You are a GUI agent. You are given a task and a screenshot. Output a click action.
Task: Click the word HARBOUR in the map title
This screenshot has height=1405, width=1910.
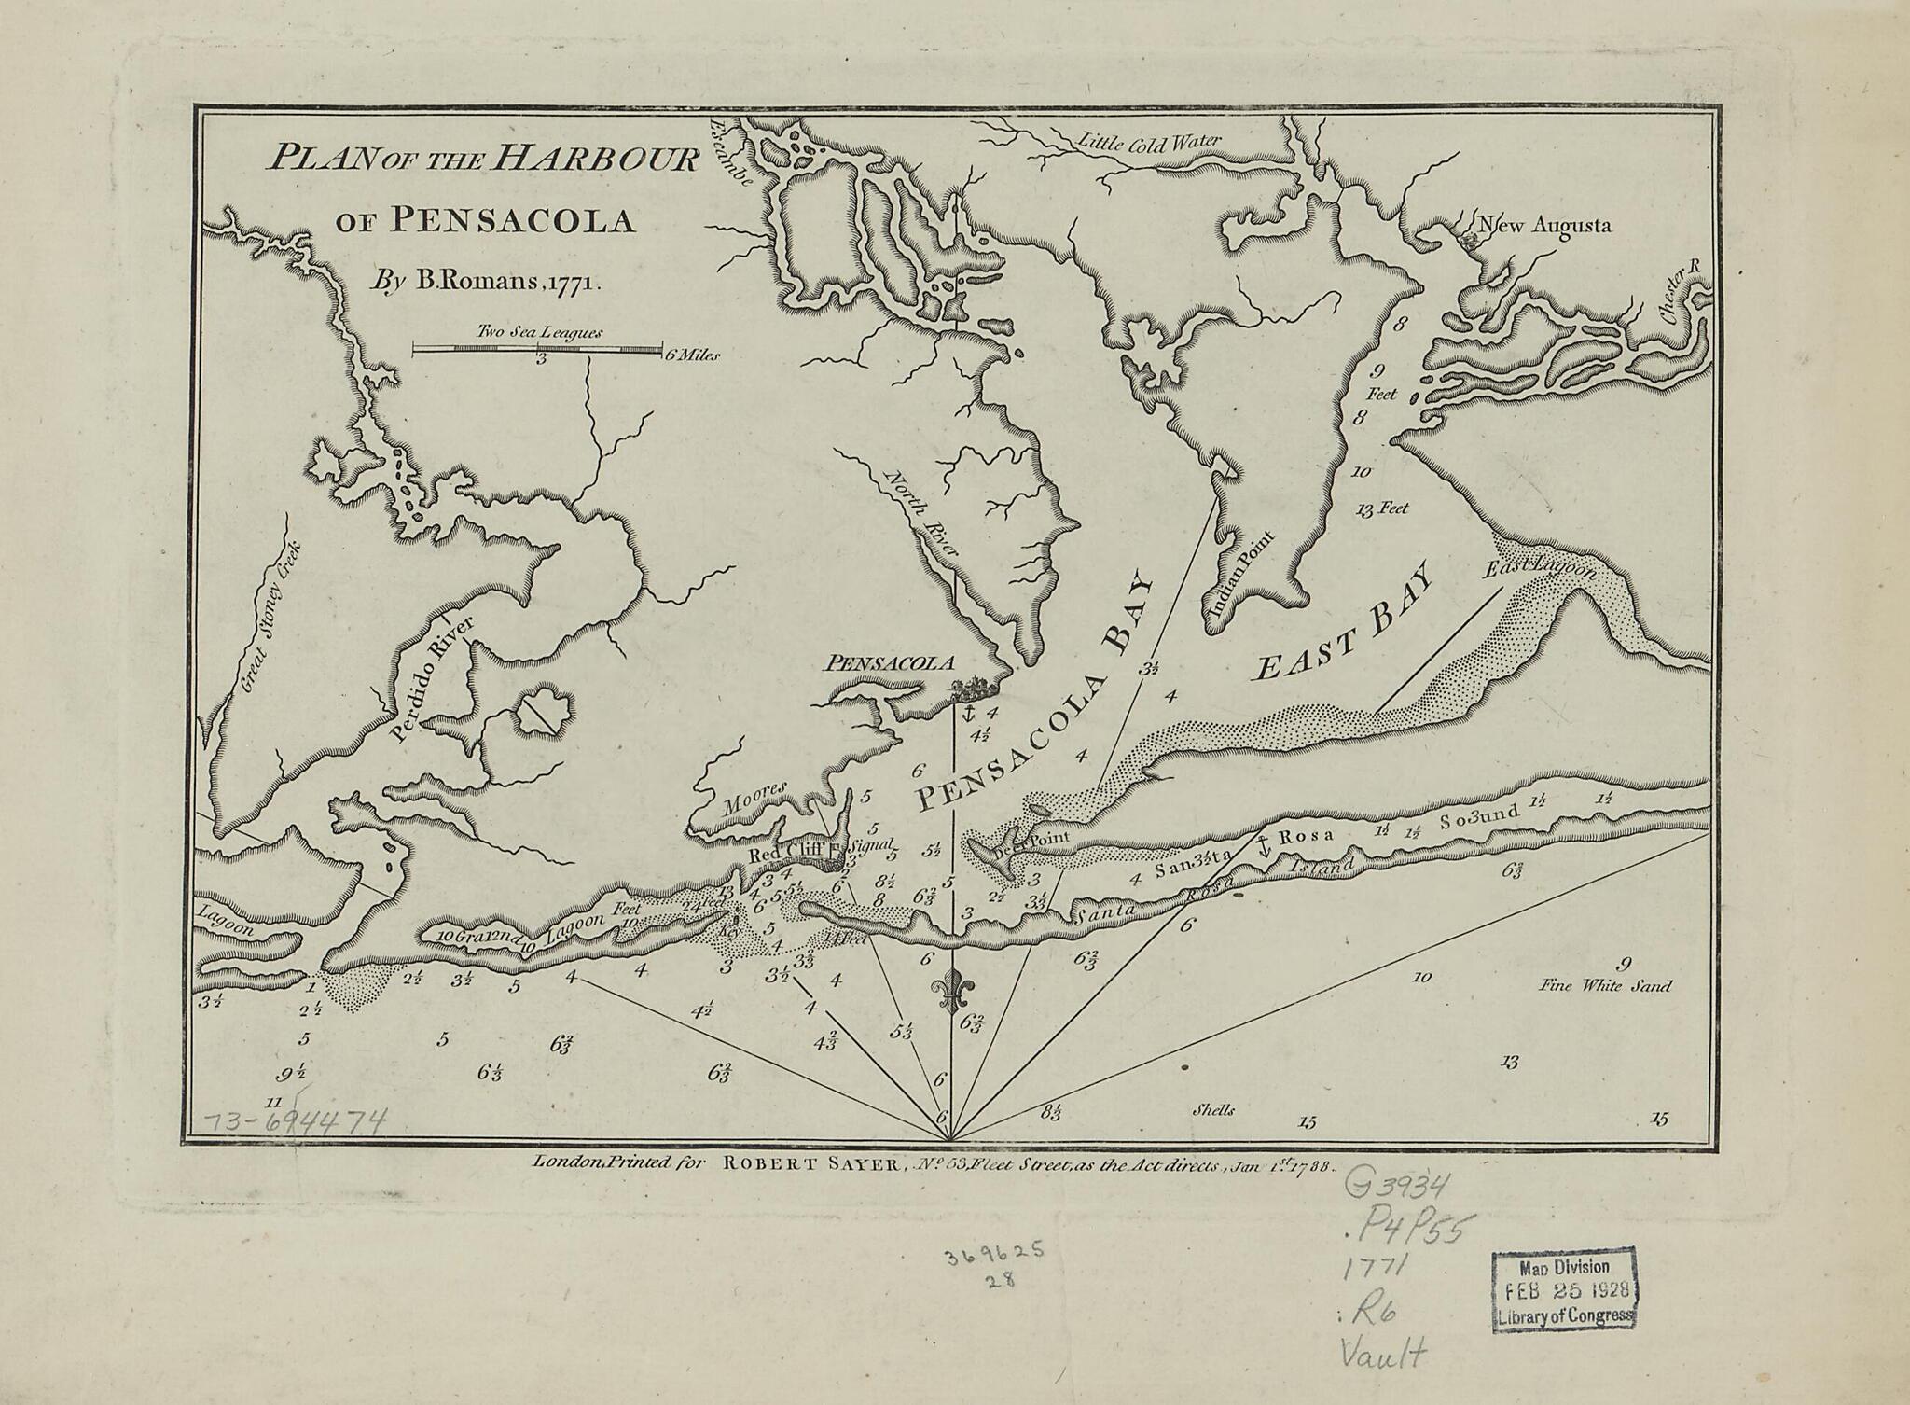click(x=597, y=160)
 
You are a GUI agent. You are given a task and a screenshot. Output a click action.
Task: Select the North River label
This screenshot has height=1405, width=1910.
click(x=918, y=514)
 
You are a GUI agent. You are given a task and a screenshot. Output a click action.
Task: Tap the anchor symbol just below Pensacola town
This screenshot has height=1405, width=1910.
click(x=967, y=716)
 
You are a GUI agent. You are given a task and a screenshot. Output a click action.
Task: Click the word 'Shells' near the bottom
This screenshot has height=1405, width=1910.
click(x=1213, y=1110)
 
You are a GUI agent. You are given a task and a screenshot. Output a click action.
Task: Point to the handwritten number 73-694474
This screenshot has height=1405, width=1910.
click(x=295, y=1120)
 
